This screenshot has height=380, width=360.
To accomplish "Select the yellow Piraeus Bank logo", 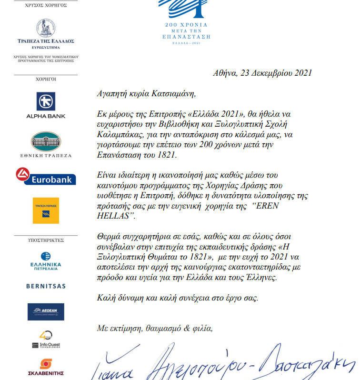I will coord(46,210).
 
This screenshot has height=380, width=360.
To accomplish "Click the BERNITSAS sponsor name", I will coord(46,286).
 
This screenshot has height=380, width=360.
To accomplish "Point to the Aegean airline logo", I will coord(46,311).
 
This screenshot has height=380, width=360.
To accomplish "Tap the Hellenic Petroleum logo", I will coord(46,261).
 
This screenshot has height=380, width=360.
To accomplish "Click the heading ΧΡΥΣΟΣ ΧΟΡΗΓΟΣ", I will coord(45,5).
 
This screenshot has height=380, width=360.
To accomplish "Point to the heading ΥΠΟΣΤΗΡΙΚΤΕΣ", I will coord(45,241).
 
